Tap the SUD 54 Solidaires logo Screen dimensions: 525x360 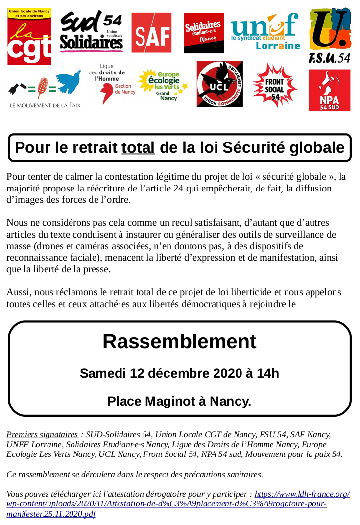click(91, 32)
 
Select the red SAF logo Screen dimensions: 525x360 click(151, 33)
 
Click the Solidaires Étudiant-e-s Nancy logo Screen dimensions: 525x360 click(204, 33)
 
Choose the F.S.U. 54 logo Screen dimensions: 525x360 click(330, 35)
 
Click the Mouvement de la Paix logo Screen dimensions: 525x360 click(45, 89)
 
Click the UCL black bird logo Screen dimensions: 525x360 click(219, 84)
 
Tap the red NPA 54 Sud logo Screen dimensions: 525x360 click(329, 90)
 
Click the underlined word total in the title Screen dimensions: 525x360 click(138, 148)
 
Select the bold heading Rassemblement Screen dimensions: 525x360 click(179, 341)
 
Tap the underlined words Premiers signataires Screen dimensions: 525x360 click(42, 435)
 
